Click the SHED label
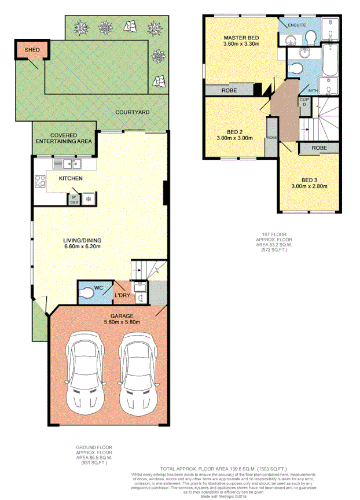tap(32, 50)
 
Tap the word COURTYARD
tap(132, 112)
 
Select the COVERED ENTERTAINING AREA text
tap(64, 138)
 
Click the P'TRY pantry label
tap(74, 200)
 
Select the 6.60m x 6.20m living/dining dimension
tap(83, 247)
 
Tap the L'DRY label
tap(122, 296)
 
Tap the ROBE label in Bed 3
tap(319, 148)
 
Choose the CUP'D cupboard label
tap(304, 102)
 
